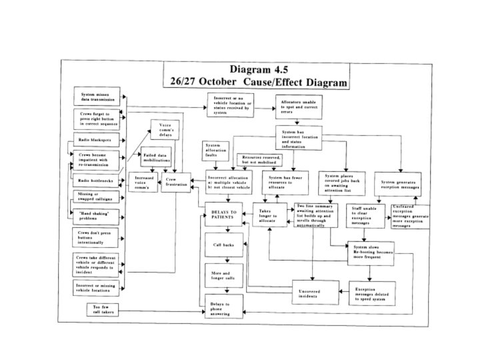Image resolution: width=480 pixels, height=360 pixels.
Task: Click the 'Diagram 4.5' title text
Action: [256, 69]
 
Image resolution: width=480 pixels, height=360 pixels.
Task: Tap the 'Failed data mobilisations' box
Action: [157, 158]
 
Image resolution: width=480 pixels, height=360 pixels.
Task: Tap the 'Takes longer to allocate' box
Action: [269, 216]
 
